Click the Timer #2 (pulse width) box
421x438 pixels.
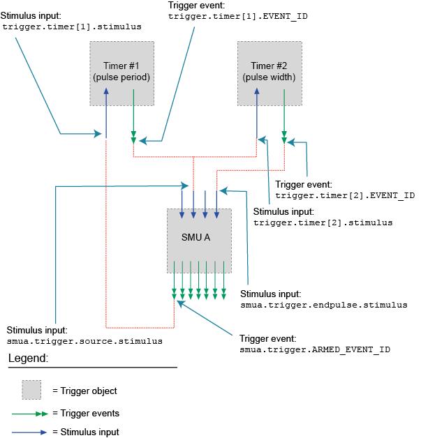coord(269,73)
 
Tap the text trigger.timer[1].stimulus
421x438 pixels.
coord(72,27)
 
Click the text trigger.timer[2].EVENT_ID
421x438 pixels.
coord(345,196)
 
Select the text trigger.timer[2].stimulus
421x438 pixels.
coord(323,222)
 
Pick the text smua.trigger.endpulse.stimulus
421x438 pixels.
coord(323,305)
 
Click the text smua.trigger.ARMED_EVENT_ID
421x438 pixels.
coord(314,348)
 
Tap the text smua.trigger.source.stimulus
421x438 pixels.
coord(84,342)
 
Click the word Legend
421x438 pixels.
coord(29,358)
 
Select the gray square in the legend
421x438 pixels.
coord(31,389)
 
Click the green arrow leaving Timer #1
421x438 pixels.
coord(133,122)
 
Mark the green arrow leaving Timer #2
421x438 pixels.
coord(283,122)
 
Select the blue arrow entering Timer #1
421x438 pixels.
coord(105,112)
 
